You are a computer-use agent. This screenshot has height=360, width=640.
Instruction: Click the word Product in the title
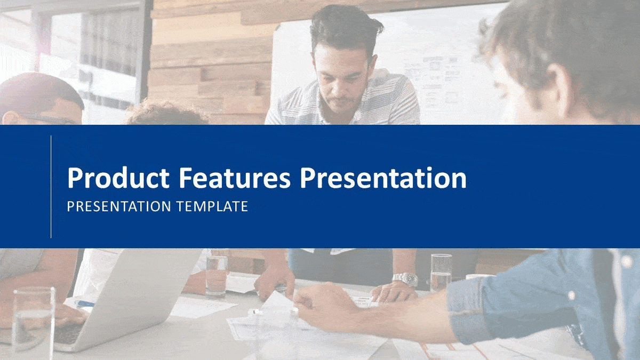pyautogui.click(x=118, y=178)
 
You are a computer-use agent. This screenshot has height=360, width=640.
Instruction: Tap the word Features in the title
pyautogui.click(x=235, y=178)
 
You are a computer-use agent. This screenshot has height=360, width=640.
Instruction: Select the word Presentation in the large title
pyautogui.click(x=383, y=178)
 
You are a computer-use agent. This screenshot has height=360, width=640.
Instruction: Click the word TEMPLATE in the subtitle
pyautogui.click(x=212, y=206)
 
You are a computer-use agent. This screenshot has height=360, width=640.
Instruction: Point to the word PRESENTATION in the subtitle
pyautogui.click(x=119, y=206)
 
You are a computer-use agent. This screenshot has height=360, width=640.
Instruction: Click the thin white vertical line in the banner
pyautogui.click(x=51, y=187)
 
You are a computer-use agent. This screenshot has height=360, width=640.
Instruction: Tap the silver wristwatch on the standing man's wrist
pyautogui.click(x=405, y=279)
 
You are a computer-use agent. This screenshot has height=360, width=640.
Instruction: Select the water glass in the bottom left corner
pyautogui.click(x=33, y=323)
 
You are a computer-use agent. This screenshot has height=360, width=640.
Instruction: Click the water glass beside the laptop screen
pyautogui.click(x=217, y=275)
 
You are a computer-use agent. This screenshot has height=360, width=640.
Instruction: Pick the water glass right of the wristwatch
pyautogui.click(x=441, y=272)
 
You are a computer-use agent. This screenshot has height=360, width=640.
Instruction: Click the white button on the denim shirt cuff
pyautogui.click(x=571, y=295)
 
